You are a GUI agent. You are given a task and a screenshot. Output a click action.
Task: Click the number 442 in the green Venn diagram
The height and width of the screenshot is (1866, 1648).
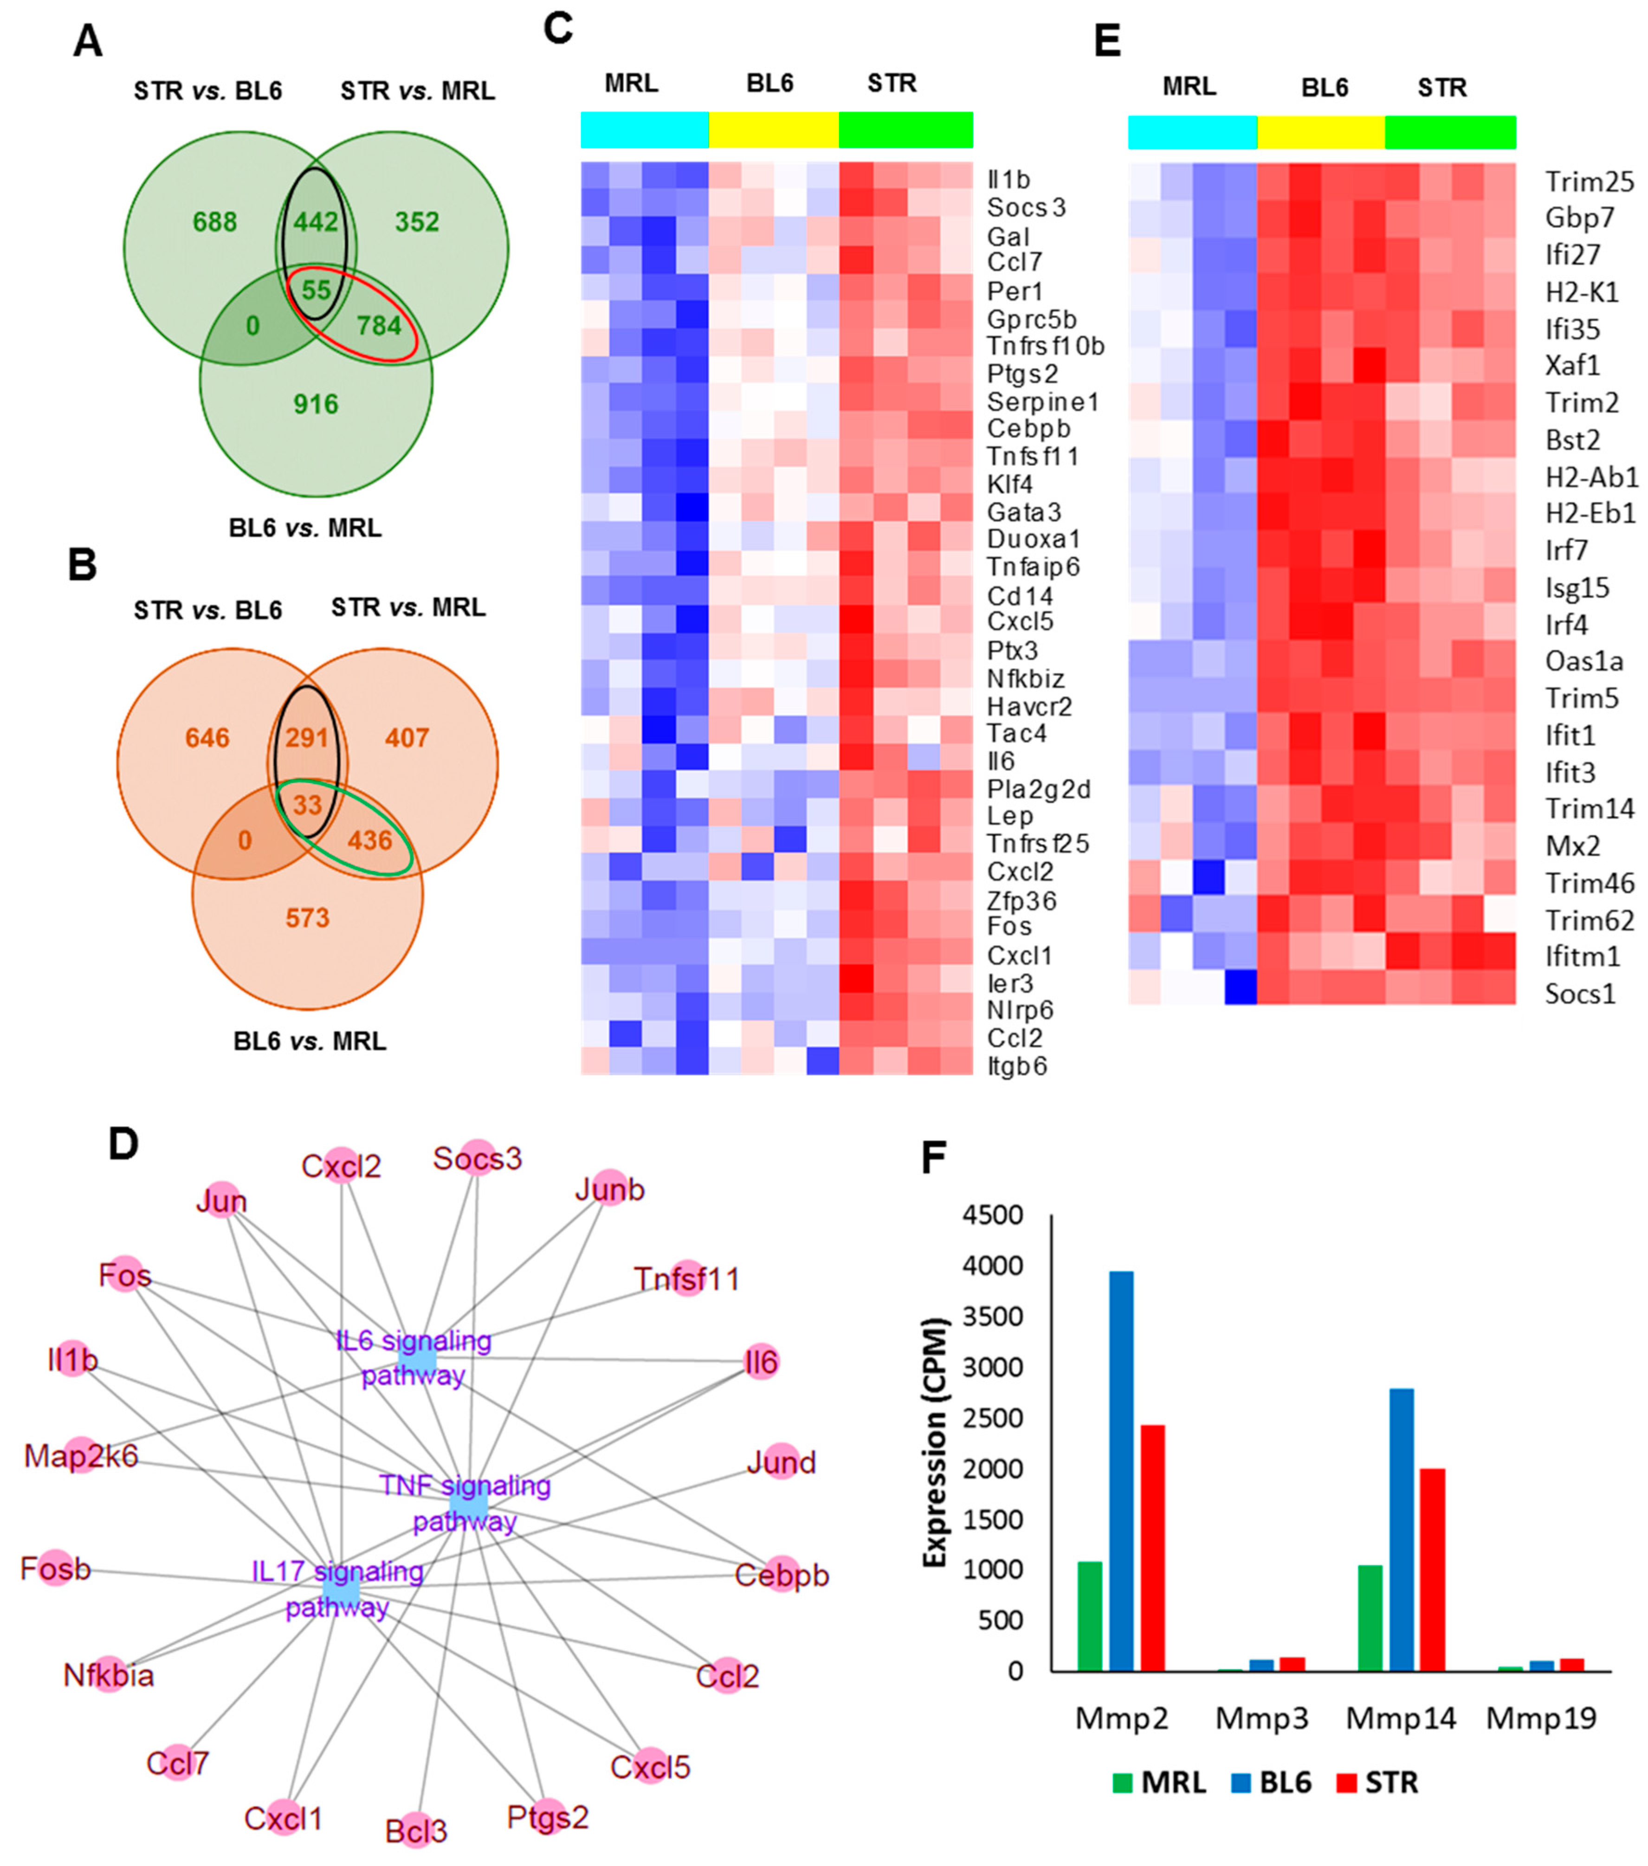point(316,222)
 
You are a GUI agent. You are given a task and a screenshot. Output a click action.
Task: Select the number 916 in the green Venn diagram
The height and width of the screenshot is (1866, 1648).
point(316,404)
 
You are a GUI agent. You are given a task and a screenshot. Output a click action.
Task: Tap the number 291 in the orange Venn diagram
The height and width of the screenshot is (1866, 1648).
point(307,738)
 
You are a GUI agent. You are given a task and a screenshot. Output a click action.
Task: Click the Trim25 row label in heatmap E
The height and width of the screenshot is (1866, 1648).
point(1589,181)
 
